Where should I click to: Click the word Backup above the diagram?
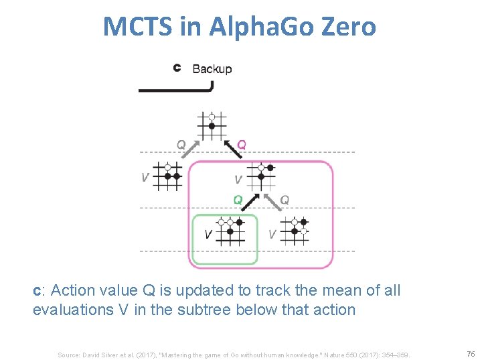(212, 68)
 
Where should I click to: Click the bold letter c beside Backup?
(177, 68)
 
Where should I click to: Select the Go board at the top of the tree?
(212, 126)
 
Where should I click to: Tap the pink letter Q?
(241, 144)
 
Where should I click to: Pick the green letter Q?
(238, 199)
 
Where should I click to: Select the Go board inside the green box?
(229, 231)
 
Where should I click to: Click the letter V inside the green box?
(208, 235)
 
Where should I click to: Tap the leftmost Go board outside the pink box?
(167, 176)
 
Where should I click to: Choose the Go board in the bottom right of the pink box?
(295, 231)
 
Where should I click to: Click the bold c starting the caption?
(37, 291)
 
